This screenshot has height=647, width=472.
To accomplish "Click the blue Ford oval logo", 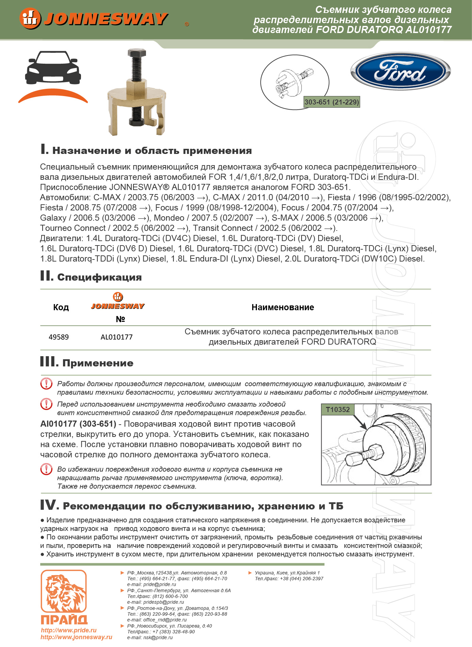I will click(x=401, y=71).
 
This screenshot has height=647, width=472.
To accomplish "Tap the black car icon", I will click(x=53, y=68).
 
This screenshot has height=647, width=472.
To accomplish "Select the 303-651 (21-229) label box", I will click(x=331, y=102).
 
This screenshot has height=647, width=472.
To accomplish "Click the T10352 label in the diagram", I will click(x=338, y=409).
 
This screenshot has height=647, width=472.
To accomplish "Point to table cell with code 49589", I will click(x=59, y=337).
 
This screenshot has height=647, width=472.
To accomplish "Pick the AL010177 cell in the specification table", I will click(x=116, y=337).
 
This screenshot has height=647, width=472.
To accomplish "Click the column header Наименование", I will click(x=282, y=307).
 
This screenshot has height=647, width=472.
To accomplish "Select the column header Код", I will click(x=61, y=307).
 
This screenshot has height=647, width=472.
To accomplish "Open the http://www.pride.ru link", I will click(x=69, y=630).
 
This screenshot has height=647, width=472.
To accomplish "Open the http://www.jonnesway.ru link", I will click(x=76, y=637).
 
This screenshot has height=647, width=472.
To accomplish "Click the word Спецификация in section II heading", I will click(x=99, y=277).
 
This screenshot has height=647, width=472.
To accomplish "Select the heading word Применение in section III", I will click(x=98, y=363).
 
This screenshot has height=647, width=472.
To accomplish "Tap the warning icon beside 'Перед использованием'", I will click(x=46, y=404).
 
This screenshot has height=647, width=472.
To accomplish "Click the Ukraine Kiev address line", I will click(x=287, y=573).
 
